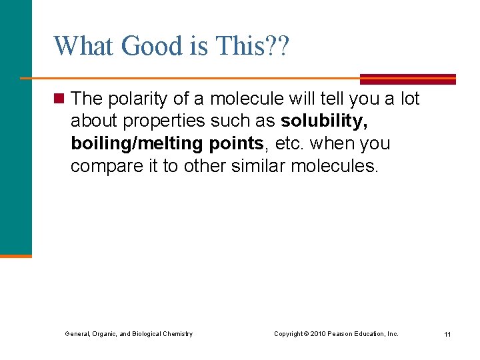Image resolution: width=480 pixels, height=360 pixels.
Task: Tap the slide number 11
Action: [x=447, y=334]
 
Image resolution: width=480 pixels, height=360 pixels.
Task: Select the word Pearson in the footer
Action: [x=349, y=333]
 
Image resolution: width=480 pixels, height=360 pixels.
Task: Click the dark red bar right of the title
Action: [x=408, y=79]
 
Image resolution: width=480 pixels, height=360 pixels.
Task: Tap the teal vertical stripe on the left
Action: [x=15, y=133]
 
